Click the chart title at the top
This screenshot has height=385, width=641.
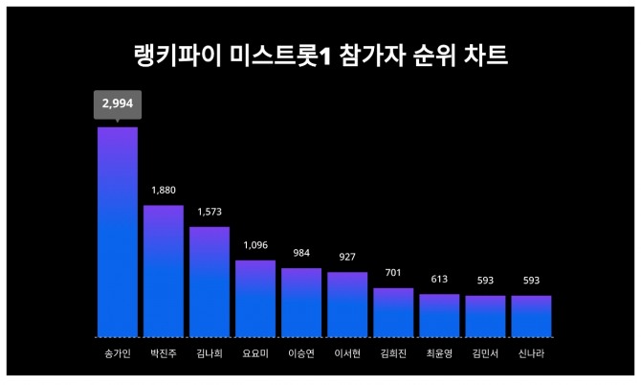(x=320, y=56)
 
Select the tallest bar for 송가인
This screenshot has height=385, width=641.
(x=118, y=232)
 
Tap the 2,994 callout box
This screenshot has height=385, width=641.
(x=118, y=104)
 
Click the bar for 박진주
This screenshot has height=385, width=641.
(x=164, y=271)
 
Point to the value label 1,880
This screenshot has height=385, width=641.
(x=164, y=190)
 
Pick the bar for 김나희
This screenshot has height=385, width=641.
(x=210, y=282)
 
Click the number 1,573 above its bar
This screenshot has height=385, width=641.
(x=210, y=212)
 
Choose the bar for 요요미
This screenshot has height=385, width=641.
(x=255, y=298)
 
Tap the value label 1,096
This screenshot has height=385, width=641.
(x=255, y=245)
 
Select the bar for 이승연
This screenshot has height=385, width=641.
(x=301, y=302)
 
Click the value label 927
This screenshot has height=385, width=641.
(x=347, y=257)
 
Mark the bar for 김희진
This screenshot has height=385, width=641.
(x=393, y=312)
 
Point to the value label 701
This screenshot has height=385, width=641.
(x=393, y=273)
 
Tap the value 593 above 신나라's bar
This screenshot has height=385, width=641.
(x=531, y=281)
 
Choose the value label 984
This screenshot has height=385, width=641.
(x=301, y=253)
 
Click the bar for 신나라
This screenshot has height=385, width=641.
(x=531, y=316)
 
